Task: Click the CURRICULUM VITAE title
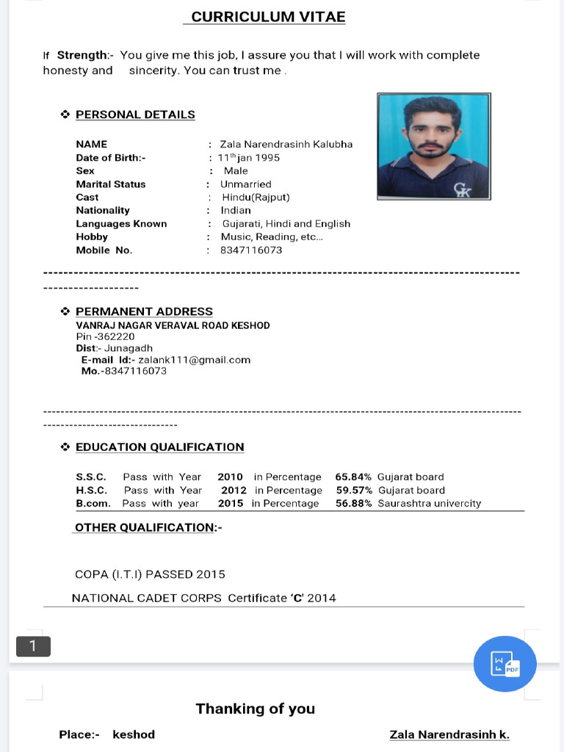(x=268, y=17)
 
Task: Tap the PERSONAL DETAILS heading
(x=135, y=115)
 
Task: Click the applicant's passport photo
(x=433, y=146)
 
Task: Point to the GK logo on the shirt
(x=462, y=190)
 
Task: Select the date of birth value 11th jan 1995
(x=248, y=158)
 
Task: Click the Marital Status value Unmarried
(x=245, y=184)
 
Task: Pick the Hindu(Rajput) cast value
(x=256, y=197)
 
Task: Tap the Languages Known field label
(x=121, y=224)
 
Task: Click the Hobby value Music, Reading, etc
(x=272, y=237)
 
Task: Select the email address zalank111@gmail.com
(x=194, y=360)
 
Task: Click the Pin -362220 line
(x=105, y=336)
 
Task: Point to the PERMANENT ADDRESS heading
(x=144, y=311)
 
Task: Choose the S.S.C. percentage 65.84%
(x=353, y=477)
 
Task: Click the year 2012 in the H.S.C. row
(x=234, y=490)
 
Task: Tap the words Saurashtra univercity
(x=429, y=504)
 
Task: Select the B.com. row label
(x=93, y=504)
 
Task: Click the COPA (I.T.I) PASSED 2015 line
(x=150, y=574)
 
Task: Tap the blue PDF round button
(x=505, y=664)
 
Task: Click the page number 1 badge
(x=33, y=646)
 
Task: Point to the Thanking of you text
(x=255, y=709)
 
